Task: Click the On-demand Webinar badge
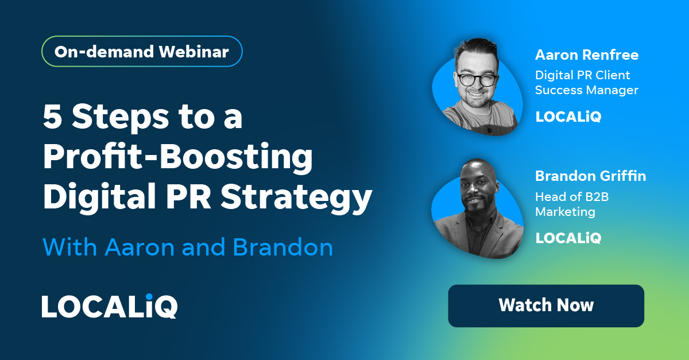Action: click(x=142, y=52)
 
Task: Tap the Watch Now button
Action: click(x=546, y=305)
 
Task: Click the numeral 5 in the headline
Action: click(x=53, y=117)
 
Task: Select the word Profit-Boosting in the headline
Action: click(x=178, y=158)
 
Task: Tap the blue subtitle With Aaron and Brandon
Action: click(x=188, y=247)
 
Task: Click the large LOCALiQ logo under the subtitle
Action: click(x=109, y=307)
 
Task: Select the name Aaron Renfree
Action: click(x=587, y=55)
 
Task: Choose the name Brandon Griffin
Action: click(x=590, y=176)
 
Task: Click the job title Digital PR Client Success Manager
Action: click(x=586, y=83)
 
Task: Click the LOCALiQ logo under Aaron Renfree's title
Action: click(x=568, y=117)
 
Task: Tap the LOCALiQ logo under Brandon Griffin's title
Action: click(x=568, y=237)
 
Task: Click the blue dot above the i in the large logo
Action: click(x=152, y=297)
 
